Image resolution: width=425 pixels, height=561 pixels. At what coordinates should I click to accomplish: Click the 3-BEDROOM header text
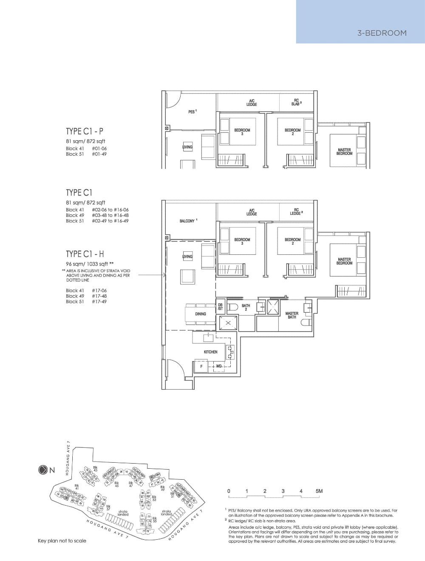[382, 33]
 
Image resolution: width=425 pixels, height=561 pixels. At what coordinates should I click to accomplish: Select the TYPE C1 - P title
[84, 131]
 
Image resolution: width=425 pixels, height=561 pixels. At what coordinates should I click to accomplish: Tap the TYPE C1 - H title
[85, 254]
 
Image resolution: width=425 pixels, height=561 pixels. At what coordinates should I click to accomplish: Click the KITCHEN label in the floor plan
[210, 352]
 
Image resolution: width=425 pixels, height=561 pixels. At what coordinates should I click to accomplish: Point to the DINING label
[201, 314]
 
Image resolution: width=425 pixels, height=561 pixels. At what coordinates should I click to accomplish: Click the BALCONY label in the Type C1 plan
[187, 221]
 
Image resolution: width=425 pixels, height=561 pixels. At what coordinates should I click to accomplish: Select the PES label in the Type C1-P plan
[192, 111]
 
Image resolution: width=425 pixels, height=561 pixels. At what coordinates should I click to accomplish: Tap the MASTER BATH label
[292, 315]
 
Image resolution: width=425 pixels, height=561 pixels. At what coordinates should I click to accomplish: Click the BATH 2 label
[246, 308]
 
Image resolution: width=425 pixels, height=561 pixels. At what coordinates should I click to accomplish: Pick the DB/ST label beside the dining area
[220, 307]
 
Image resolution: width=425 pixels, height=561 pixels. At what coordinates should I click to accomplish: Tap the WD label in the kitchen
[218, 366]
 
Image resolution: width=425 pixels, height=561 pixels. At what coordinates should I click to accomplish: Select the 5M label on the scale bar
[319, 491]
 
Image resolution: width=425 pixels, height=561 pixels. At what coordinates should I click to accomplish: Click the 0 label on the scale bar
[229, 491]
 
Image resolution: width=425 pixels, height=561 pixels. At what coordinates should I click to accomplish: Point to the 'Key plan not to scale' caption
[62, 541]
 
